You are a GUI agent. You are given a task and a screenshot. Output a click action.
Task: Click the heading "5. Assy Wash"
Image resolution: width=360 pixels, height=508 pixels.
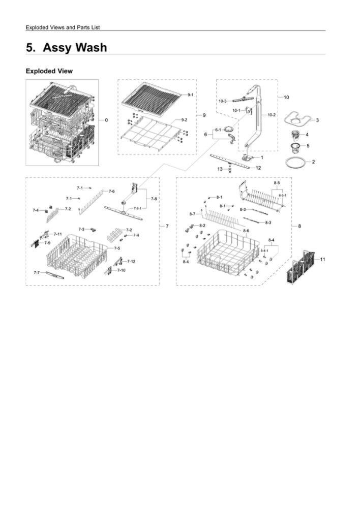pos(67,47)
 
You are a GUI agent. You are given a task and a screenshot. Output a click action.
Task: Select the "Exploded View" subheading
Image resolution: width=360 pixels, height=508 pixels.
pos(49,71)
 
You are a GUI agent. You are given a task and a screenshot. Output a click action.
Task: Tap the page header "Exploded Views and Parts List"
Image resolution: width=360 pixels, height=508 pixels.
pos(66,27)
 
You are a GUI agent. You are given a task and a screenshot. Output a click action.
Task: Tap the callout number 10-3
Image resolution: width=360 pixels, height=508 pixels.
pos(222,101)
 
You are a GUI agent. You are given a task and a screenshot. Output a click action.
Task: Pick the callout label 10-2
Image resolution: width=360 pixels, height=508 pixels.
pos(271,115)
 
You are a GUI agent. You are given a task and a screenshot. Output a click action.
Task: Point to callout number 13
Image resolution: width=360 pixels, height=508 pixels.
pos(220,169)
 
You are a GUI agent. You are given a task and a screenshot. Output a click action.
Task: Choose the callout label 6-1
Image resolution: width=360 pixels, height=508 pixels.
pos(218,130)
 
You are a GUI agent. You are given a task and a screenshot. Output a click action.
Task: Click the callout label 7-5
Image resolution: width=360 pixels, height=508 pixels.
pos(117,248)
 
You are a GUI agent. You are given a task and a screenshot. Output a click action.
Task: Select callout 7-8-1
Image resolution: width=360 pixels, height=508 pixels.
pos(138,208)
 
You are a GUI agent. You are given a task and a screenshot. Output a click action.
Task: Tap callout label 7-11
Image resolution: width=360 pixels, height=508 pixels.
pos(58,234)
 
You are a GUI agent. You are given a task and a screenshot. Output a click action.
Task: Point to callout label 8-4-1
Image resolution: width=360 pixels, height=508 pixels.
pos(264,250)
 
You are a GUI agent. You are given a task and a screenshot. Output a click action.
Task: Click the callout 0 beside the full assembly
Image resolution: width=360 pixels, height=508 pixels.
pos(106,120)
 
